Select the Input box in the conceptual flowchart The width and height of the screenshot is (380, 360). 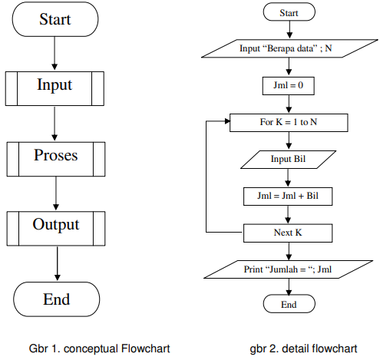(x=55, y=84)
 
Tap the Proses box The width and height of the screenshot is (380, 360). (x=55, y=156)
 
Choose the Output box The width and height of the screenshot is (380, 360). (x=55, y=226)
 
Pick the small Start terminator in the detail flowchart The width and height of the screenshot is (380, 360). (x=289, y=12)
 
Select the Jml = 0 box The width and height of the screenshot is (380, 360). (x=289, y=86)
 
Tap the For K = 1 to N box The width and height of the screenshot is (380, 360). (x=289, y=123)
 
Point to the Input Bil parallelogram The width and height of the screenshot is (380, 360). (x=289, y=159)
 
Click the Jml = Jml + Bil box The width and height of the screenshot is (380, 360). (x=289, y=196)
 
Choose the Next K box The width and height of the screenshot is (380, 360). (x=289, y=232)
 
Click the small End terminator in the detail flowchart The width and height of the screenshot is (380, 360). (x=289, y=305)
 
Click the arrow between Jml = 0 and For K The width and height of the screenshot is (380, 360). (x=289, y=104)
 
